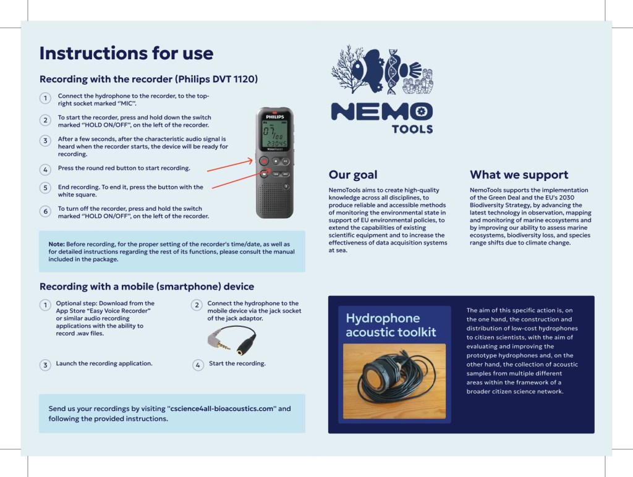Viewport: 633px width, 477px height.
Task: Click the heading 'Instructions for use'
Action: (126, 53)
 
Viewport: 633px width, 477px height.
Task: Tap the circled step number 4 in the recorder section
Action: (45, 169)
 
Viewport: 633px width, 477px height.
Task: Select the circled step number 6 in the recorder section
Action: (45, 211)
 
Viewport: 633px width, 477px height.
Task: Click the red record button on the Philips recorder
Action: (264, 161)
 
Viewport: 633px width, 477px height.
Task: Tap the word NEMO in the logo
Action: (381, 112)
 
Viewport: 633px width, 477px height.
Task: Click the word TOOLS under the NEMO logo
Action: (412, 129)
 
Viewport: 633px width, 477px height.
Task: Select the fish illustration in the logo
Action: (372, 68)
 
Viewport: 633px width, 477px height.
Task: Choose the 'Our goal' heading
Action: (352, 175)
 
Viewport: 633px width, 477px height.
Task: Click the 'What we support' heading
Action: (519, 175)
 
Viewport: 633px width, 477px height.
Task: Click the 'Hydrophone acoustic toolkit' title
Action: (391, 325)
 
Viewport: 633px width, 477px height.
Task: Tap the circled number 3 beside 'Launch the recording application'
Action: (45, 365)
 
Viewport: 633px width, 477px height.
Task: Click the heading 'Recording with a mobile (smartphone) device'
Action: (147, 287)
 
